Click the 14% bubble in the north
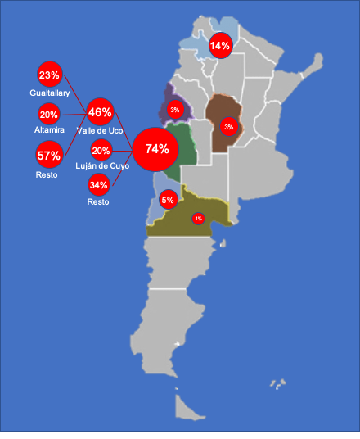tap(219, 46)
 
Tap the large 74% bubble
tap(156, 148)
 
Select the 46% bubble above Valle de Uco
tap(100, 112)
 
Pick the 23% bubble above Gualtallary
tap(49, 75)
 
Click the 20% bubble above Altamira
tap(49, 115)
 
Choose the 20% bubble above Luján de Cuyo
tap(101, 151)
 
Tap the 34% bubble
tap(98, 184)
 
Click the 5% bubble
tap(168, 200)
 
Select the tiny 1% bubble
tap(198, 218)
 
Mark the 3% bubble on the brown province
tap(228, 126)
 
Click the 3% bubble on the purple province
tap(174, 109)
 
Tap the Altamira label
tap(49, 130)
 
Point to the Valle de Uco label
tap(100, 130)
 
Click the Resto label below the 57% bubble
tap(47, 175)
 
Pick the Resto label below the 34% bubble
tap(97, 201)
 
